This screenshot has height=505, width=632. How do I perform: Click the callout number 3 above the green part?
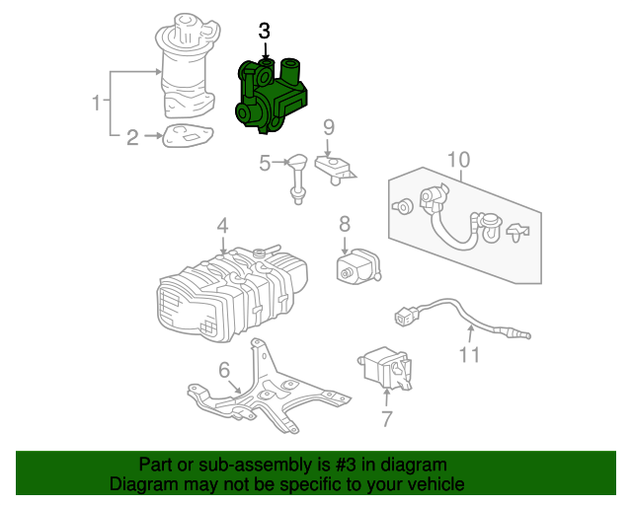(265, 32)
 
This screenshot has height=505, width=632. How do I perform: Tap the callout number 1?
(97, 102)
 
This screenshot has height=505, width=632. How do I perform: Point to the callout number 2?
(132, 137)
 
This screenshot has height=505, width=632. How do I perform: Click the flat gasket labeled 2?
(187, 137)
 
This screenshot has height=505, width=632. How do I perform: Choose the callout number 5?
(265, 163)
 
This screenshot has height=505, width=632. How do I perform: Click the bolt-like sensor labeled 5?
(297, 175)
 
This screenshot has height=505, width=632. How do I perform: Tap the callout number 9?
(329, 126)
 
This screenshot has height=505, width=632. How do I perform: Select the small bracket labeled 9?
(336, 170)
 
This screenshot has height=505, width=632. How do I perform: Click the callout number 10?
(458, 160)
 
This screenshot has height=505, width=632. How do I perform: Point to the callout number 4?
(223, 225)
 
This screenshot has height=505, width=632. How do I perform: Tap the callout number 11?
(469, 353)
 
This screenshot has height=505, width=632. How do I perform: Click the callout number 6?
(224, 370)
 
